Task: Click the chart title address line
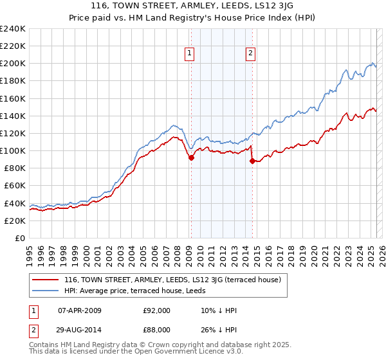click(x=192, y=4)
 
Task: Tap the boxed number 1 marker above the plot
click(x=190, y=54)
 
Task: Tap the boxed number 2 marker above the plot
click(x=250, y=54)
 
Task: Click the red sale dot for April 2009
click(x=191, y=157)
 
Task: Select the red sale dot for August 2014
click(x=252, y=161)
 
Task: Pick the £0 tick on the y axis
click(x=19, y=238)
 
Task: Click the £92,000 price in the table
click(x=156, y=310)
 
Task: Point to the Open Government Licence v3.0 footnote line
click(x=136, y=352)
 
